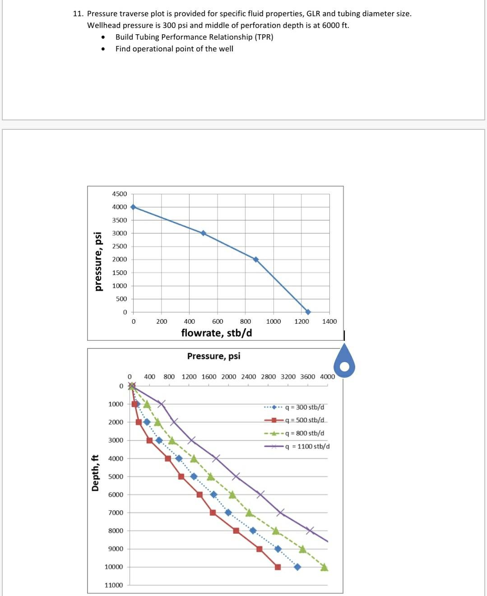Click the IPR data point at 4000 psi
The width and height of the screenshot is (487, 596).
133,207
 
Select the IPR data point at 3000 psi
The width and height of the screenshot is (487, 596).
204,233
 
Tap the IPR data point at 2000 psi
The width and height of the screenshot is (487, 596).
256,259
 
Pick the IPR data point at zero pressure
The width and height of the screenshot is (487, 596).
308,312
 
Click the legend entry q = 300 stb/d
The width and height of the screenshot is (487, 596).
304,407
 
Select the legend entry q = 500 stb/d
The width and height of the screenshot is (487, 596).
304,420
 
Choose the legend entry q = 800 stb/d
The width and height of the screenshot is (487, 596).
304,433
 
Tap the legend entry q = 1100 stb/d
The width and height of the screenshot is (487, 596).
307,446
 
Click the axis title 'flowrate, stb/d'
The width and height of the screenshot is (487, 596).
217,333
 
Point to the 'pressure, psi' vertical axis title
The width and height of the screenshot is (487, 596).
97,261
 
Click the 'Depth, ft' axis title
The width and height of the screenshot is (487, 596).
95,473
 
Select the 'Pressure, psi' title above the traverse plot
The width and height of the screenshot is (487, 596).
214,356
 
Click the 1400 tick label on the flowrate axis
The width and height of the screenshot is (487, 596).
329,321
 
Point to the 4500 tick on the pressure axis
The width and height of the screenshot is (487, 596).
120,194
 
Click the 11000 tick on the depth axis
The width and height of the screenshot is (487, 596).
114,585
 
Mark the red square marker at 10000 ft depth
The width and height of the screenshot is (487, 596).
278,567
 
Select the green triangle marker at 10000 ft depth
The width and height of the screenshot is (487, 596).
324,567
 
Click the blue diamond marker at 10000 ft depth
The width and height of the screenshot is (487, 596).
297,567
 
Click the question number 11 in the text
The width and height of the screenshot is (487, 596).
78,14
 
